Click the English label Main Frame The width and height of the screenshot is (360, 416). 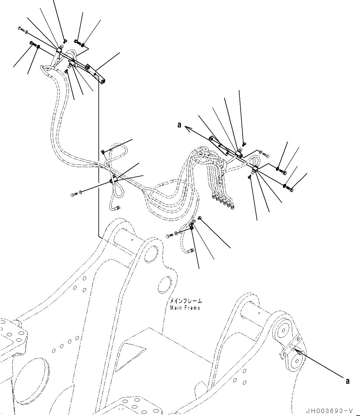tap(185, 307)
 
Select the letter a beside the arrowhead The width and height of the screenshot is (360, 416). tap(179, 125)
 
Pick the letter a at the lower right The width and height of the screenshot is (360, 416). tap(347, 381)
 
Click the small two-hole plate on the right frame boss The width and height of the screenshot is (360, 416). tap(289, 350)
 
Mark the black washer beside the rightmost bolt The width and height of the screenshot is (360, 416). tap(285, 186)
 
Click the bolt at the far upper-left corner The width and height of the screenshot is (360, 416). tap(21, 29)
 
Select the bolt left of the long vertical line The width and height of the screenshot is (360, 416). tap(74, 194)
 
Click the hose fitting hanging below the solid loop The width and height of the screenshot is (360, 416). tap(118, 208)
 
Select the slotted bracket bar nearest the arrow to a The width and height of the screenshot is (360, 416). tap(220, 146)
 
